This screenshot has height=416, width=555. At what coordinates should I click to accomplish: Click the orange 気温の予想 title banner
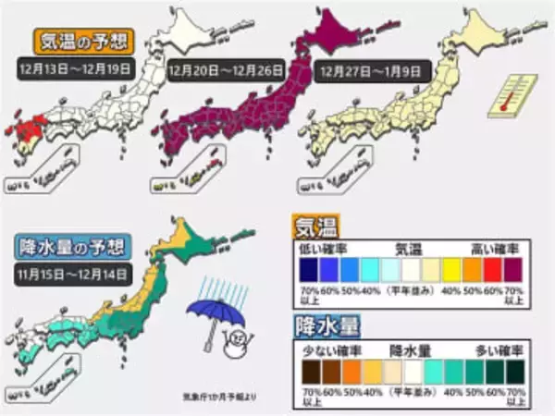[83, 40]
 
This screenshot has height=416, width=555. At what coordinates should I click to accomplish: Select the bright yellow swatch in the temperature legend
[449, 269]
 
